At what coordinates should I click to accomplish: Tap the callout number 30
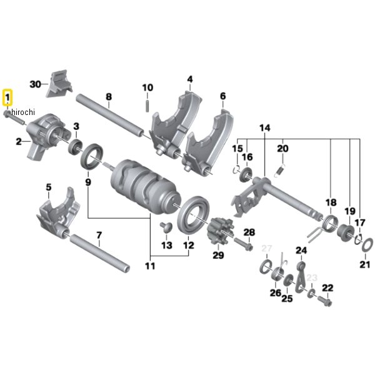point(35,83)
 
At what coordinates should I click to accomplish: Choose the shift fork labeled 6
point(209,141)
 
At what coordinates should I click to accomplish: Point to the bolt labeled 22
point(324,302)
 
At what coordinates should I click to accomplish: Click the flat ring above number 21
point(366,242)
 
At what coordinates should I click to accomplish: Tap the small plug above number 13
point(166,225)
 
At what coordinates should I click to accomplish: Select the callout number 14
point(265,128)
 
